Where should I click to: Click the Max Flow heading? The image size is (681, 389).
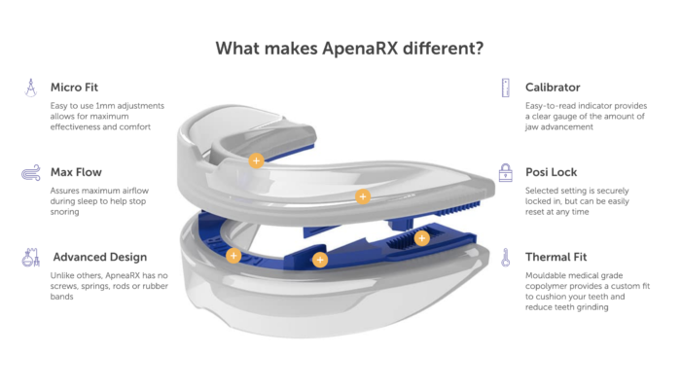coord(77,172)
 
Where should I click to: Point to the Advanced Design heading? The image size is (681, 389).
coord(100,257)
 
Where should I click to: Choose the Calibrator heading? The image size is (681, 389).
coord(553,88)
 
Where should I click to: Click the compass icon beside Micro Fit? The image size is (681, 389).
coord(30,88)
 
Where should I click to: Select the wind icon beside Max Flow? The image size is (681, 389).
coord(30,173)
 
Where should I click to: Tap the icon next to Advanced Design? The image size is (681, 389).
coord(30,258)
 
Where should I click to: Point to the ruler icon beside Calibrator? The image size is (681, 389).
coord(505,88)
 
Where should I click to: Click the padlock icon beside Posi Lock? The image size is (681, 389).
coord(505,173)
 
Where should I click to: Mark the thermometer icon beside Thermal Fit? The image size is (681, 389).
coord(505,258)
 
